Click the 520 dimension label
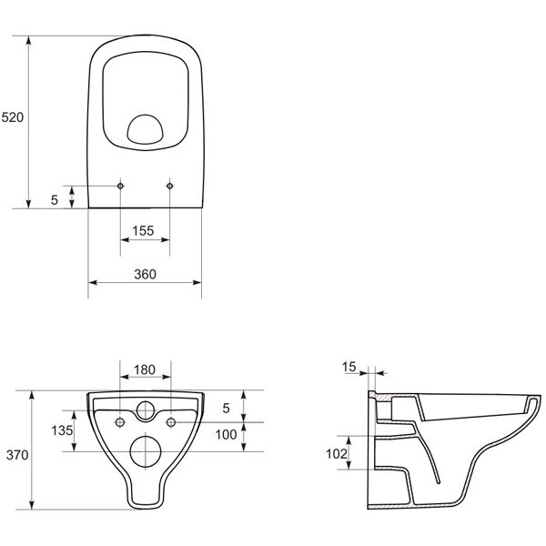tap(13, 117)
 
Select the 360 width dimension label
tap(145, 275)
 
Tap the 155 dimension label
tap(143, 230)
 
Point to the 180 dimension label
tap(145, 369)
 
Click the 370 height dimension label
tap(17, 455)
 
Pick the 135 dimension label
tap(62, 430)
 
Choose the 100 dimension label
tap(226, 435)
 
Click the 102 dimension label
tap(337, 454)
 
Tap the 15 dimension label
tap(349, 367)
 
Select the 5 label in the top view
tap(55, 200)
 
